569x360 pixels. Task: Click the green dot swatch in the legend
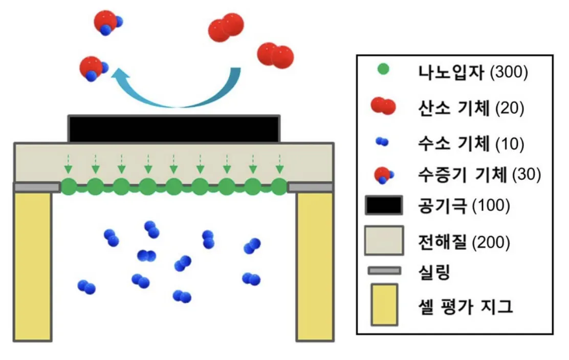(382, 70)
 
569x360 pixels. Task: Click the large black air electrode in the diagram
(174, 129)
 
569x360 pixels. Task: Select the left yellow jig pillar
(33, 266)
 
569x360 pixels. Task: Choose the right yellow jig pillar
(315, 266)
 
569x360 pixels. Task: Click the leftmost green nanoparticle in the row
(69, 187)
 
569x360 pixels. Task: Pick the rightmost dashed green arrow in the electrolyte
(279, 164)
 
